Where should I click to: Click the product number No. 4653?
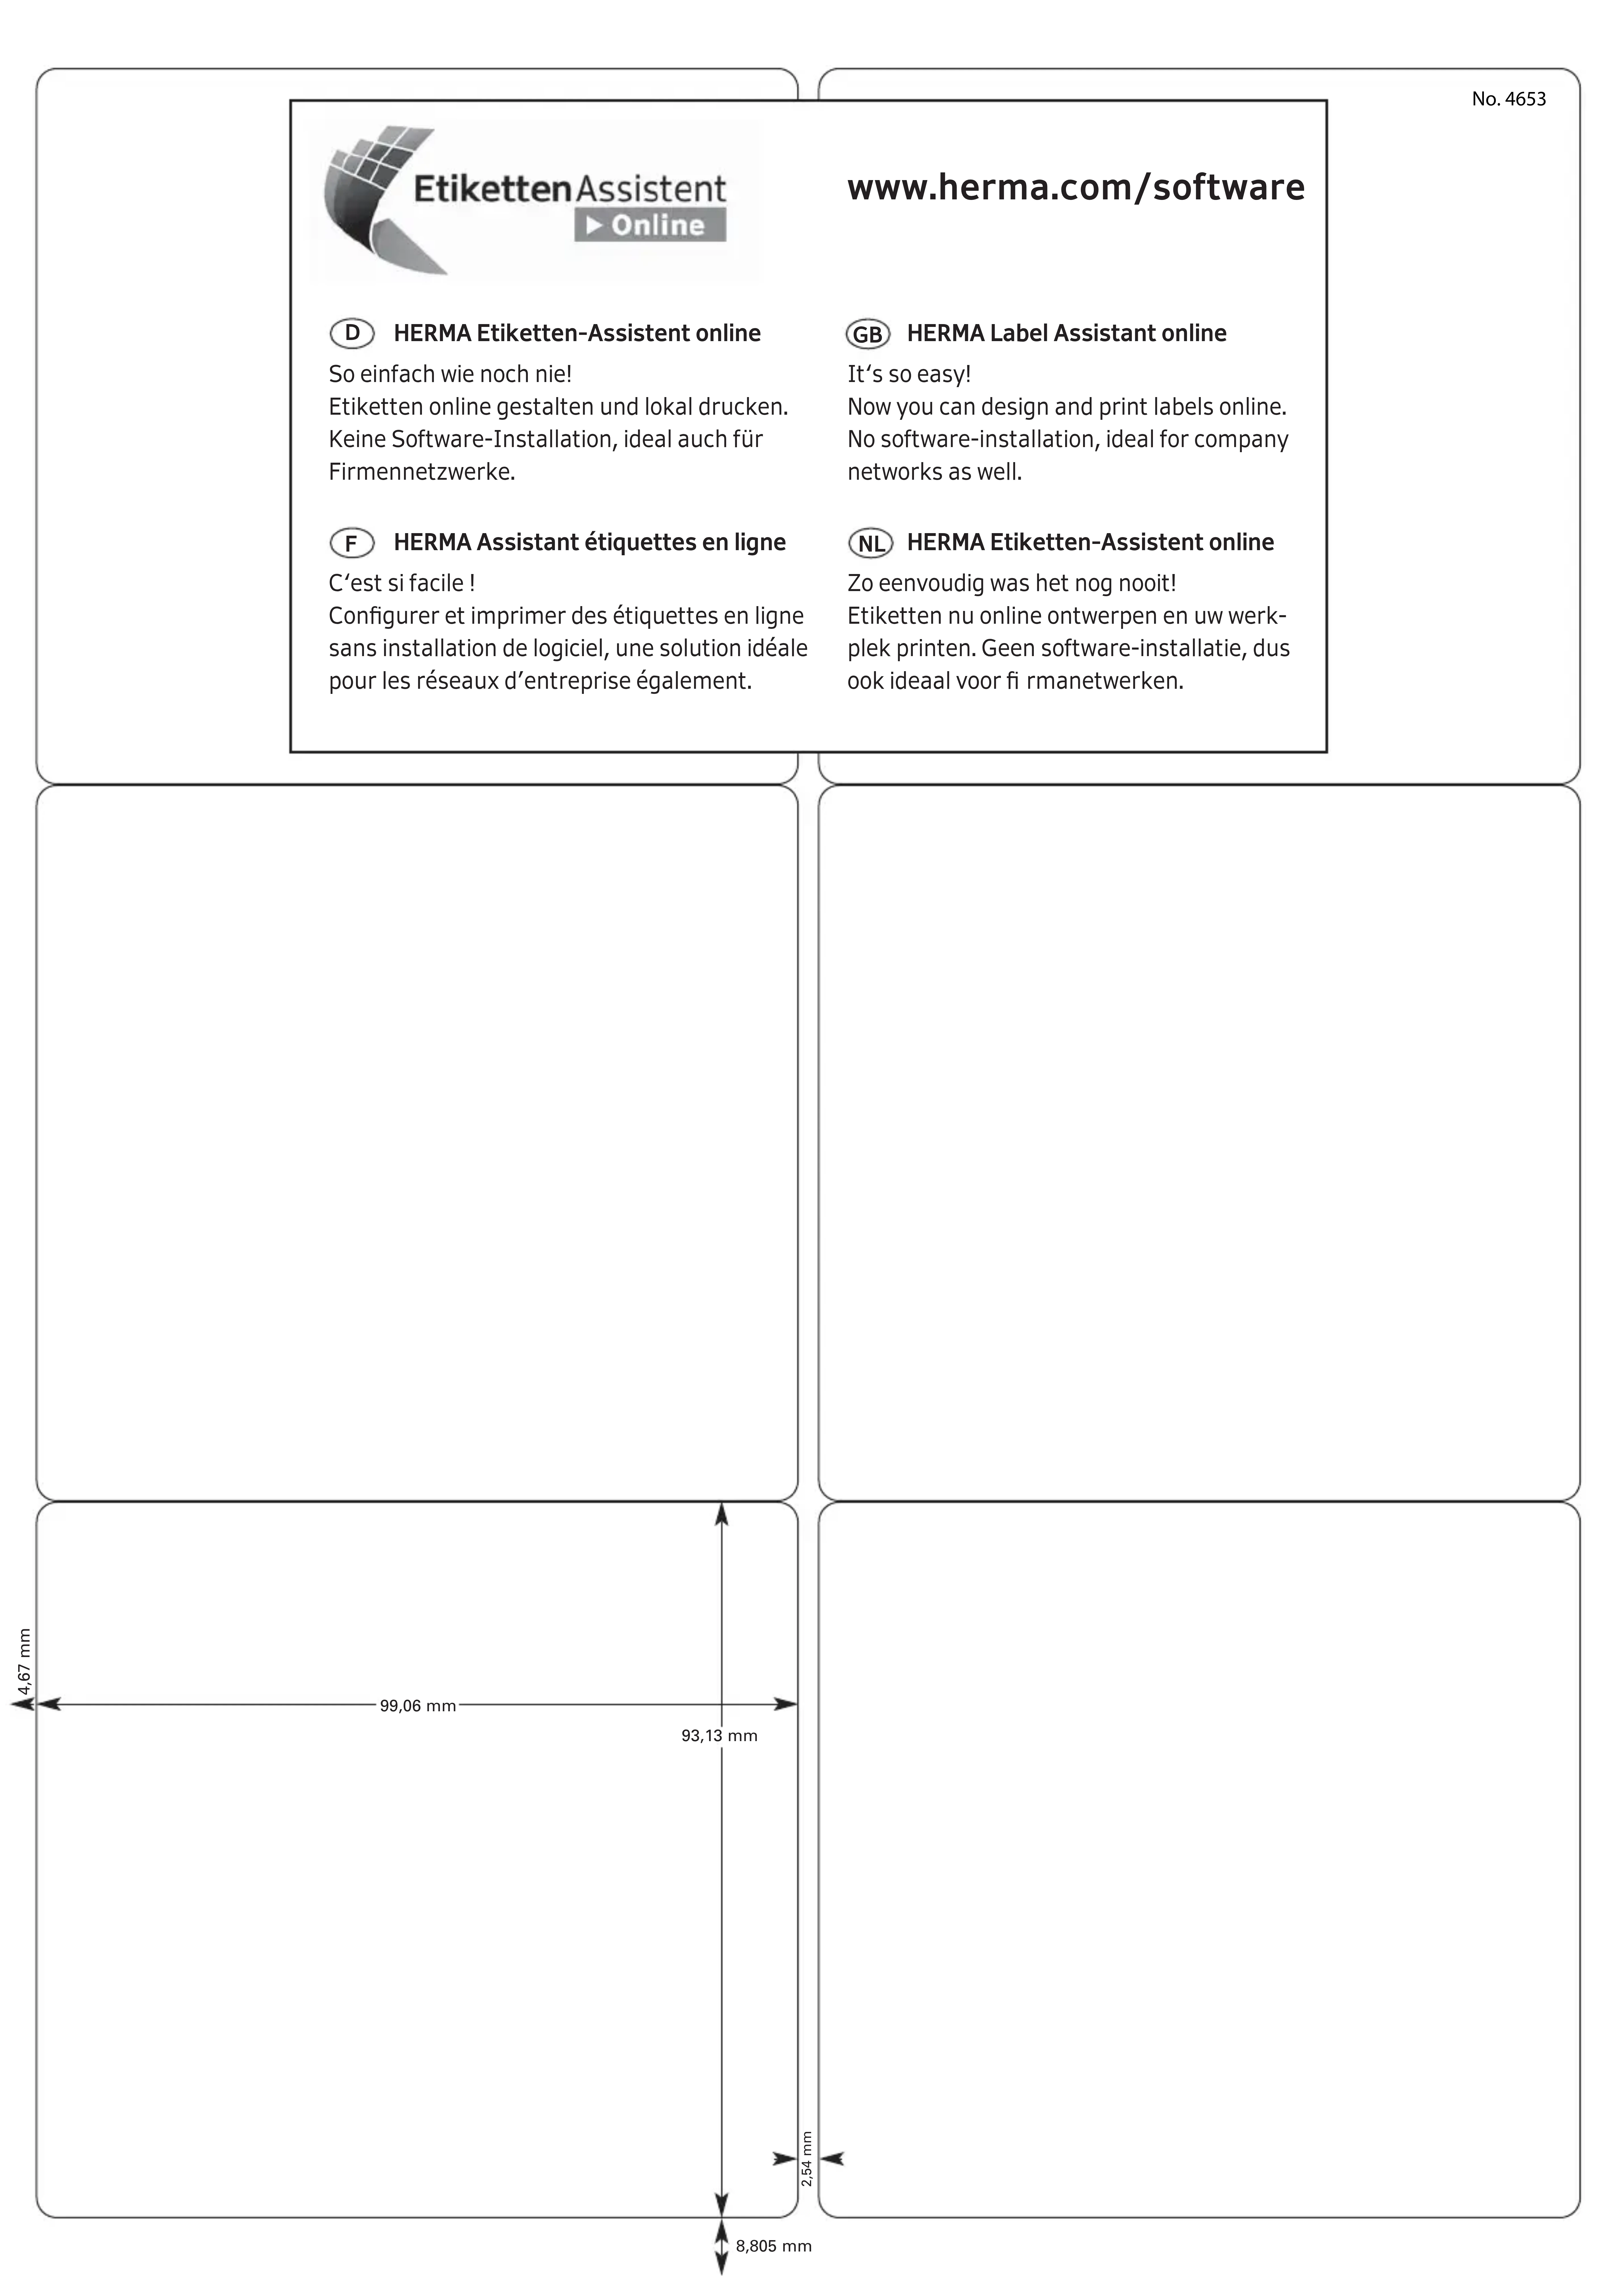click(x=1508, y=99)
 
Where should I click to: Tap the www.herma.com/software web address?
click(x=1075, y=187)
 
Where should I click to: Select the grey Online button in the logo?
click(x=649, y=225)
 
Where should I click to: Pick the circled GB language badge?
click(x=868, y=334)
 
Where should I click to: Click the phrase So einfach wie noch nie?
click(x=450, y=375)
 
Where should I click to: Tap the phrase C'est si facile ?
click(x=401, y=584)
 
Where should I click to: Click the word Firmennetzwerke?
click(x=421, y=472)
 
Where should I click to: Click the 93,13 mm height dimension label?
click(x=719, y=1736)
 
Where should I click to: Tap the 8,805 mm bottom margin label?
click(x=773, y=2246)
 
